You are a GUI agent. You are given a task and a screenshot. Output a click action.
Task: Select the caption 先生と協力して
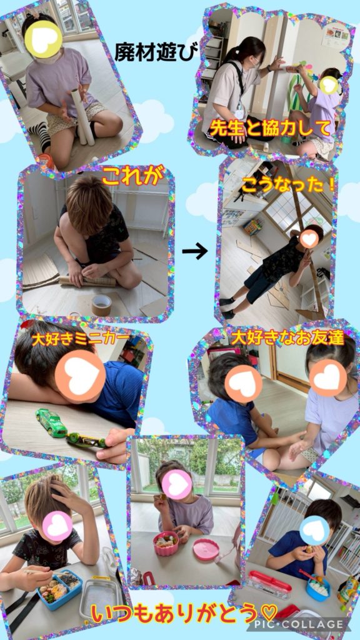pos(269,129)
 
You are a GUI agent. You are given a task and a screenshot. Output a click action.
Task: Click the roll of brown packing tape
pos(102,304)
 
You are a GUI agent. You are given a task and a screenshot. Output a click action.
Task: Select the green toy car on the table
pos(51,422)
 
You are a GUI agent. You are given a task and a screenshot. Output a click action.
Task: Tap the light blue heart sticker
pos(314,530)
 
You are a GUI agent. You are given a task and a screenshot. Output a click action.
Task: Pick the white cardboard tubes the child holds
pos(82,117)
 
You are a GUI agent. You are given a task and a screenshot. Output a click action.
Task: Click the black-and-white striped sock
pos(41,136)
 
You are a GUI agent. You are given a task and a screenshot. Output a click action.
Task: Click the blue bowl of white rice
pos(317,586)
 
